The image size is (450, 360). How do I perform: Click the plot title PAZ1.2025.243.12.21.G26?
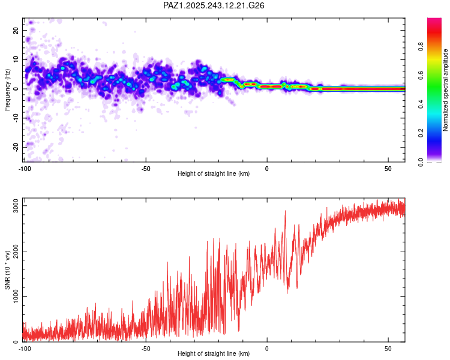[x=214, y=5]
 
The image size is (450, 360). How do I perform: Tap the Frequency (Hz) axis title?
[x=7, y=90]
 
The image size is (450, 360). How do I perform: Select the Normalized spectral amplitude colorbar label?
[x=446, y=90]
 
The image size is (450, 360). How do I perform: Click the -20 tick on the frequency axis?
[x=16, y=147]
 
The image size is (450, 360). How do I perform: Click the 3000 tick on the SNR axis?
[x=12, y=206]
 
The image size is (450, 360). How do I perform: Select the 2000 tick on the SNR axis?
[x=12, y=251]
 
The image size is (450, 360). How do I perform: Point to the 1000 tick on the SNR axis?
[x=12, y=296]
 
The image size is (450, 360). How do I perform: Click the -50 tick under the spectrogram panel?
[x=145, y=169]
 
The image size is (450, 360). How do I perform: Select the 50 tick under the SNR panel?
[x=388, y=348]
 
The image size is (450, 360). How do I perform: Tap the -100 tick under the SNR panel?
[x=24, y=348]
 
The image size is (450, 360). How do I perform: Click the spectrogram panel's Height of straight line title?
[x=214, y=175]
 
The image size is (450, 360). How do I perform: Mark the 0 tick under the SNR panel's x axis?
[x=267, y=348]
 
